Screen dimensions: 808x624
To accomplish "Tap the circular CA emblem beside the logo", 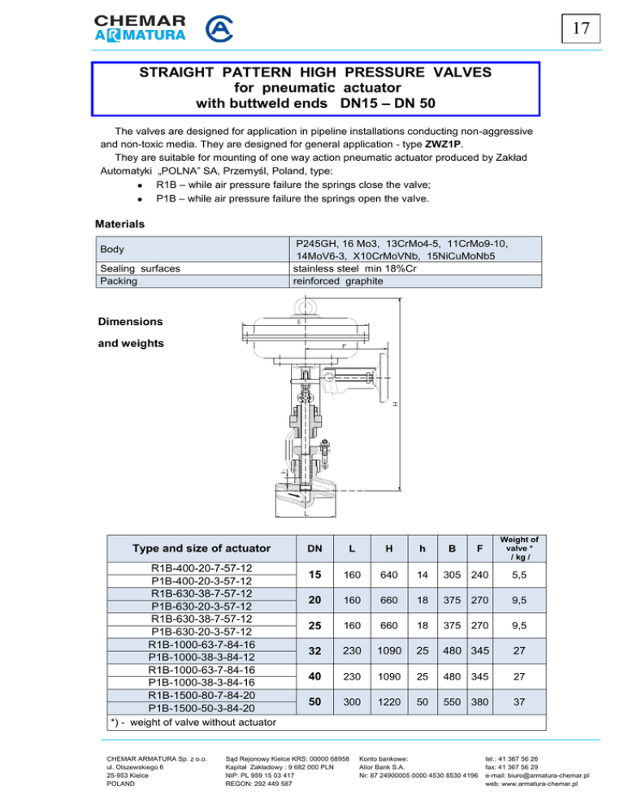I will coord(221,30).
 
